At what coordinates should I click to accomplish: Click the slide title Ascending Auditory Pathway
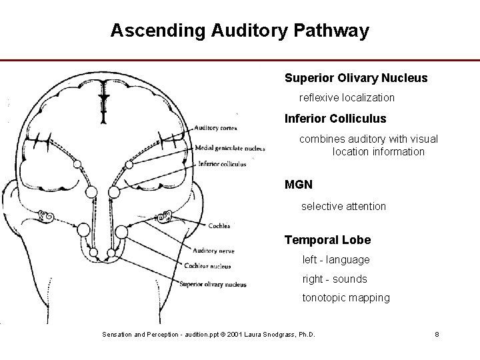pos(239,31)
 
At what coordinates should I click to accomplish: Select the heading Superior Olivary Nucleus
pos(356,78)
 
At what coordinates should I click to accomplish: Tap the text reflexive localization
pos(347,98)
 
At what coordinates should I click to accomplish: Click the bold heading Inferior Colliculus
pos(335,119)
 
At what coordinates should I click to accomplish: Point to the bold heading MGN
pos(299,183)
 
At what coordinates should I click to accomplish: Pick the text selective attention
pos(343,207)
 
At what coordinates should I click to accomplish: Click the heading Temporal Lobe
pos(327,240)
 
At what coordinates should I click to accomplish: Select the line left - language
pos(336,259)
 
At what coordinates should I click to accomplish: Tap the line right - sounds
pos(335,279)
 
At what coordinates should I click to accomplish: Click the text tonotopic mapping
pos(346,298)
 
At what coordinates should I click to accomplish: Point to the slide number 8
pos(437,334)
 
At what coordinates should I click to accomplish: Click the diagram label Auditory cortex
pos(216,128)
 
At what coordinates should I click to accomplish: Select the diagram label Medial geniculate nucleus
pos(230,148)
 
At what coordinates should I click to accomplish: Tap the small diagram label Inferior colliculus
pos(221,163)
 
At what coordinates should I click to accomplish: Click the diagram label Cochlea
pos(219,226)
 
